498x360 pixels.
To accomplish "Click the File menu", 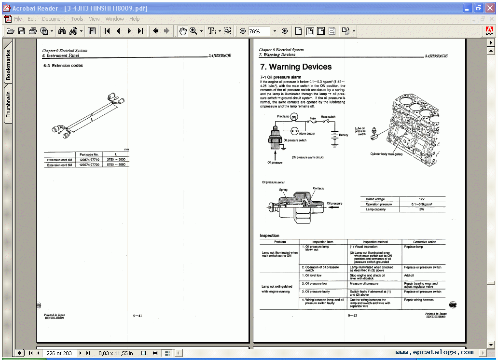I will click(18, 19).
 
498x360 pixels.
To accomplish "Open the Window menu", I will click(114, 19).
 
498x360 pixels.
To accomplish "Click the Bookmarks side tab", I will click(8, 65).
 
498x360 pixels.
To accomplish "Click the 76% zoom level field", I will click(258, 31).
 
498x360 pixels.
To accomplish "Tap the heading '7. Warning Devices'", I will click(295, 67).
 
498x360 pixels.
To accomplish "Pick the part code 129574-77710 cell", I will click(89, 160).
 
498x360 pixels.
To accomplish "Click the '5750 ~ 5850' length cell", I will click(116, 165).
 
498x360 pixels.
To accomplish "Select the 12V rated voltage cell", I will click(421, 199).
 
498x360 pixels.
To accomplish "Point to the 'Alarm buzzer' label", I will click(307, 133).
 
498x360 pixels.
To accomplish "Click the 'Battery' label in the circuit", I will click(343, 135).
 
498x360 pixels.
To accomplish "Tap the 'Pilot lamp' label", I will click(283, 116).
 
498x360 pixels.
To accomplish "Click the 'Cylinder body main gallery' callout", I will click(386, 154).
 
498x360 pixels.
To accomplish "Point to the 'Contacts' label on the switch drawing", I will click(318, 189).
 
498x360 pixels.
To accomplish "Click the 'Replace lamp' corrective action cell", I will click(414, 247).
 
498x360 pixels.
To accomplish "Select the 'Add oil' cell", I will click(409, 276).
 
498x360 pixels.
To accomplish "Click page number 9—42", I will click(352, 316).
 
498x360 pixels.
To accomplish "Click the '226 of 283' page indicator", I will click(59, 353).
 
